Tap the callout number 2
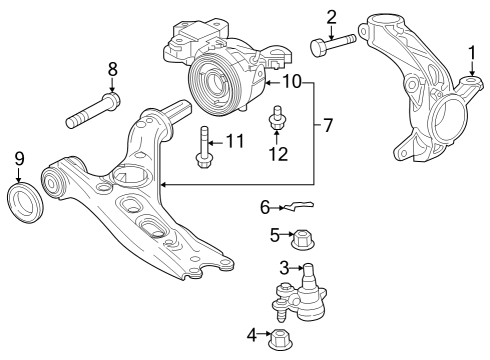pos(331,17)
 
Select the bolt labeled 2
pos(333,45)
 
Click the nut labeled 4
pos(279,339)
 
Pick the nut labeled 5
pos(303,240)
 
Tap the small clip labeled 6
pos(297,206)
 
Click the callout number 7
pos(328,126)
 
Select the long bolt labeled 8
pos(94,111)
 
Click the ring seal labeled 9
pos(25,201)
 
